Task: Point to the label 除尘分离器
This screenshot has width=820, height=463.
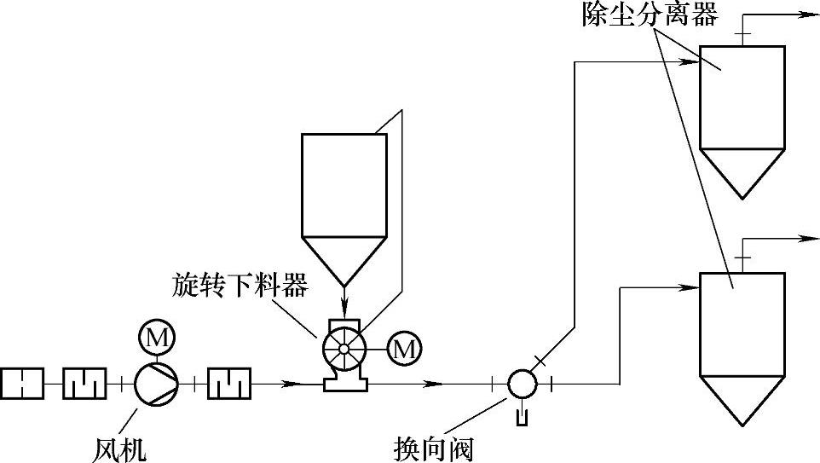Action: click(x=649, y=14)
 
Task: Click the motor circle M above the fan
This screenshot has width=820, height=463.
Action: click(x=157, y=338)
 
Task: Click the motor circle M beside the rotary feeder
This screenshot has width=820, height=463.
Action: click(x=404, y=347)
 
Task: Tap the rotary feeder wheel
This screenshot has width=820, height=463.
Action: click(x=344, y=348)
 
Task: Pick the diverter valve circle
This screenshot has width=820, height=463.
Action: click(x=521, y=384)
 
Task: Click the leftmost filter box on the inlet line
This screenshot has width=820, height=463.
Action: click(x=22, y=383)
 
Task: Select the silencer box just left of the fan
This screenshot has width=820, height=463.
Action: click(x=84, y=383)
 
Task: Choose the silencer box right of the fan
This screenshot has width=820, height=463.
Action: click(x=228, y=383)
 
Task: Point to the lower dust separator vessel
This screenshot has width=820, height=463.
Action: click(x=742, y=324)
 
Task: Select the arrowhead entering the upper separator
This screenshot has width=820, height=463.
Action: click(x=690, y=61)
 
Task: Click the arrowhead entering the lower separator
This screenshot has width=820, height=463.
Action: click(x=690, y=288)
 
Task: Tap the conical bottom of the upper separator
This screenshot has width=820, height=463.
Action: click(x=741, y=171)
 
